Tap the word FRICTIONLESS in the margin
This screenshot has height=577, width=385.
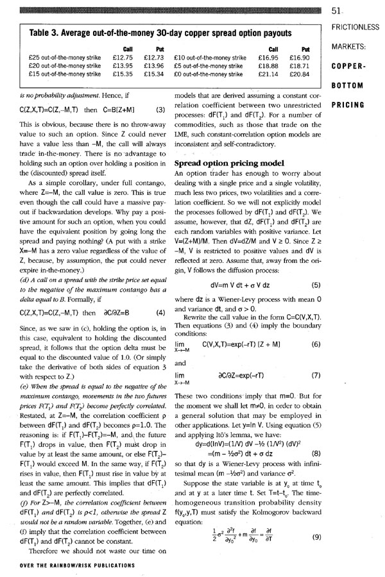(357, 28)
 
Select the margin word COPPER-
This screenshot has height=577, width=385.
(349, 66)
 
